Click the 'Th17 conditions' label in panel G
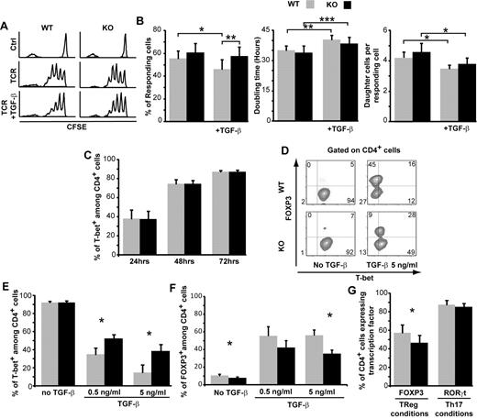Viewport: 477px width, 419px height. click(x=449, y=409)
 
